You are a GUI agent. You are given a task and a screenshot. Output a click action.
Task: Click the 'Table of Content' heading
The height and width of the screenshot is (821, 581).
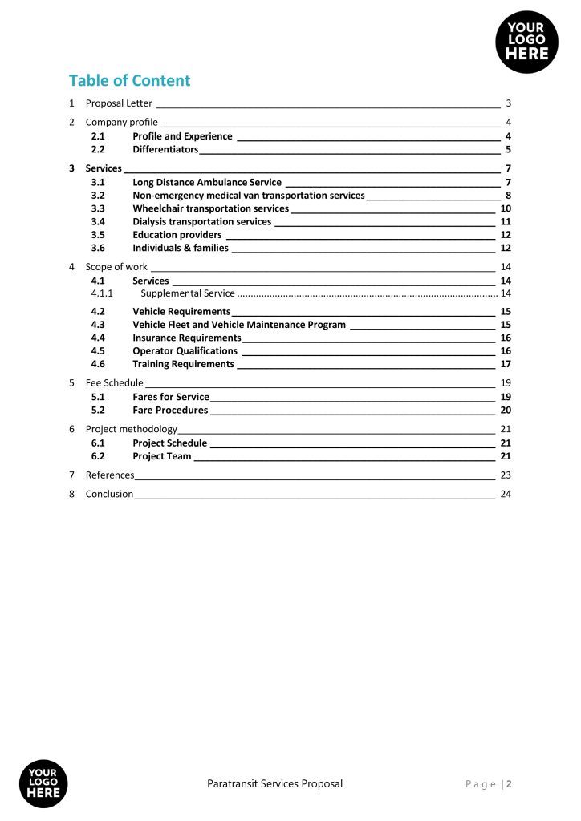[x=129, y=80]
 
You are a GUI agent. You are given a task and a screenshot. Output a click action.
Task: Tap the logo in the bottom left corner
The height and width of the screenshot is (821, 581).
[x=43, y=783]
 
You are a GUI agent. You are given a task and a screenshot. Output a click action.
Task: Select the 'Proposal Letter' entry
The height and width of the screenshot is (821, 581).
[x=119, y=103]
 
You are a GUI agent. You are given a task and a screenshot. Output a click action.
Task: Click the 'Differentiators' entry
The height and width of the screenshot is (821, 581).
[x=165, y=150]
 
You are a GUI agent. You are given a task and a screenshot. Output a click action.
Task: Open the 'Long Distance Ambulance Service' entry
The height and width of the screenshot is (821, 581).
[x=207, y=183]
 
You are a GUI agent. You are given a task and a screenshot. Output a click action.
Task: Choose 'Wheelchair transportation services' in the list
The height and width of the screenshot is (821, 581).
[x=210, y=208]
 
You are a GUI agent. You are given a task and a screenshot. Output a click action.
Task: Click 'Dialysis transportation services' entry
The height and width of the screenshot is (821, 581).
[x=201, y=221]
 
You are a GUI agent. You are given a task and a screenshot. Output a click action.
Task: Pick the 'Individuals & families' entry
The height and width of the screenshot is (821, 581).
[x=181, y=248]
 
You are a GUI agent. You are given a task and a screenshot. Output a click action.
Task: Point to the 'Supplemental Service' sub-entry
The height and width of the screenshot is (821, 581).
[x=188, y=293]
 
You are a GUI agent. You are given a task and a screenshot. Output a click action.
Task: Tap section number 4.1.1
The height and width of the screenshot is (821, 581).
[x=102, y=293]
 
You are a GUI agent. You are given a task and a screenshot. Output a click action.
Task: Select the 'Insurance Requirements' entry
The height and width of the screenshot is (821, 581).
[x=186, y=338]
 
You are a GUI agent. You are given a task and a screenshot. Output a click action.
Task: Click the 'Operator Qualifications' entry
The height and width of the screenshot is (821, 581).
[x=185, y=350]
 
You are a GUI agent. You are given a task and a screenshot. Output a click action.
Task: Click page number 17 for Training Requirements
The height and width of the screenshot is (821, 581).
[x=506, y=364]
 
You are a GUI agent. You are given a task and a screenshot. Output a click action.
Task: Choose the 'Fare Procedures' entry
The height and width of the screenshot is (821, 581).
[x=170, y=410]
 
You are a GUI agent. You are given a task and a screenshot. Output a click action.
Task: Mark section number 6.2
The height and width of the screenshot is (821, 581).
[x=98, y=456]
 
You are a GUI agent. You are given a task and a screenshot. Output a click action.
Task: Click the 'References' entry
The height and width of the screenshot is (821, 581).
[x=110, y=475]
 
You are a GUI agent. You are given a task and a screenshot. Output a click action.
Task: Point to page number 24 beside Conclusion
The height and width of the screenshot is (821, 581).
[x=506, y=494]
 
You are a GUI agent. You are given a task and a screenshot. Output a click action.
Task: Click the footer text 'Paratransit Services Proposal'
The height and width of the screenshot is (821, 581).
[x=274, y=783]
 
